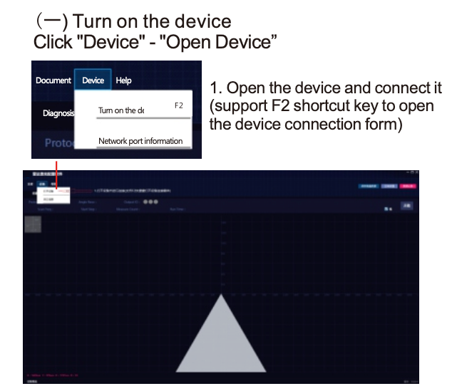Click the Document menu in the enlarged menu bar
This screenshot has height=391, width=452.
53,80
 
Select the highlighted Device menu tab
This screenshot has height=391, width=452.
93,80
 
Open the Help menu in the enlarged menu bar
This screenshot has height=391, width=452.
123,80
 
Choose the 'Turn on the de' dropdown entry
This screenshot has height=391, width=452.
121,110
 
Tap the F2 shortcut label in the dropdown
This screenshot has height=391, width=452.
179,106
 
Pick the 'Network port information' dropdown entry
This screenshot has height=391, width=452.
140,141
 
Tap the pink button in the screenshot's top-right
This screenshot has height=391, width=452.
408,187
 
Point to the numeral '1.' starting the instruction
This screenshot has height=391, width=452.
215,90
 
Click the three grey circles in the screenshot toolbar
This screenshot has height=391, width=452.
150,202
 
